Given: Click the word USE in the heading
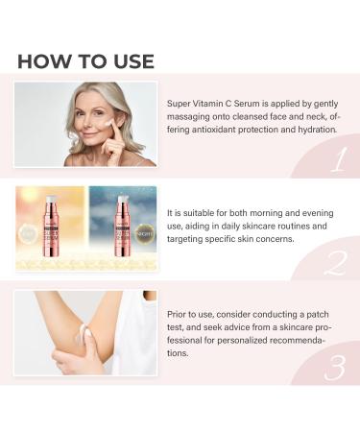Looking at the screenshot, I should pos(128,61).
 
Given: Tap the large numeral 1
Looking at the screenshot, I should pos(336,158).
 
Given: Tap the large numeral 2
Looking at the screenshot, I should pos(335,263).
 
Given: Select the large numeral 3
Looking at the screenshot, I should pos(336,367).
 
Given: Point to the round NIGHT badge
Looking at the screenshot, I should pos(146,231).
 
